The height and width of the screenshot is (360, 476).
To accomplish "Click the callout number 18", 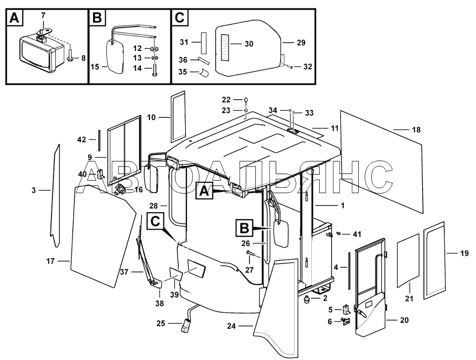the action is click(416, 130).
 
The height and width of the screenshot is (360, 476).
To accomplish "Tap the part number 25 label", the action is click(161, 323).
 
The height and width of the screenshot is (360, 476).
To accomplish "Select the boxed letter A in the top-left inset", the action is click(14, 18).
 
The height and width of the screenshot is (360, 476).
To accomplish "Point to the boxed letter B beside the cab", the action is click(244, 228).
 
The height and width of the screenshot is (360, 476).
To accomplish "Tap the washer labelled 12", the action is click(154, 49).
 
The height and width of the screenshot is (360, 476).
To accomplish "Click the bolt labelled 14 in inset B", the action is click(154, 69).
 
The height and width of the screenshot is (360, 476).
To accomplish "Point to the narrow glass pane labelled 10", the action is click(178, 116).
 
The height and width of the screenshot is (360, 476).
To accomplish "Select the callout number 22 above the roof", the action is click(226, 100).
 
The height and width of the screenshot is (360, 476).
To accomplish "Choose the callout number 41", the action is click(357, 234).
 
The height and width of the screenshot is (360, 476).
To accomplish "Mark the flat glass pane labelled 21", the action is click(408, 260).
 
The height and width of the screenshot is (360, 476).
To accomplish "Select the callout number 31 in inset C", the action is click(184, 42).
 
